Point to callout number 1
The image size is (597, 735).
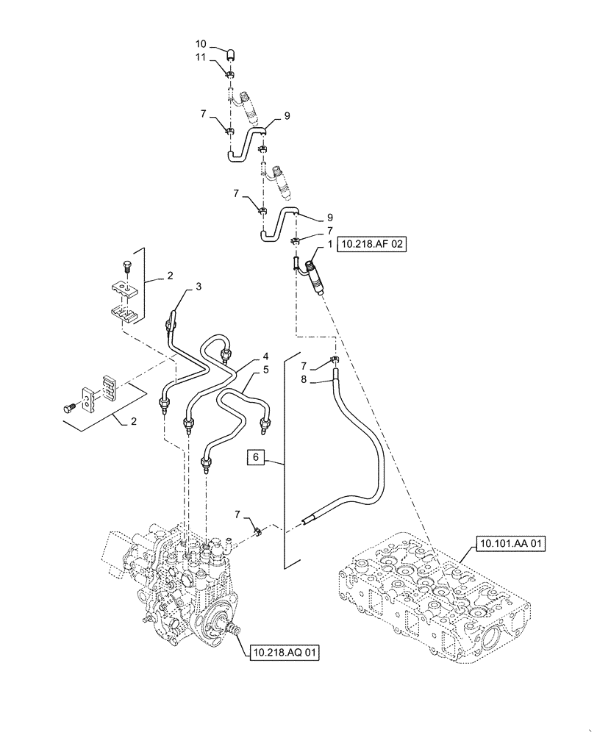tap(321, 243)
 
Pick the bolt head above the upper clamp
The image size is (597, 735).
tap(124, 269)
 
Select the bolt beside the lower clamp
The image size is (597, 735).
tap(70, 404)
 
